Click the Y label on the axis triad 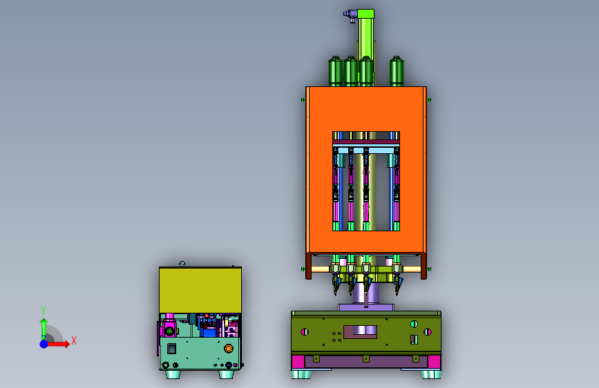click(x=44, y=310)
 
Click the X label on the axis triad click(x=74, y=340)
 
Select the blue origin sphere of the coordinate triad click(x=44, y=344)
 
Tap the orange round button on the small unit click(x=229, y=348)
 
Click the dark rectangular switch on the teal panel click(x=171, y=348)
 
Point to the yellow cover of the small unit click(x=200, y=290)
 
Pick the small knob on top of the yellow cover click(x=182, y=263)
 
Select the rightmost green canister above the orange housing click(x=397, y=71)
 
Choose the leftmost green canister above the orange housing click(x=335, y=71)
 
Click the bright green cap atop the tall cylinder click(x=365, y=14)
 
